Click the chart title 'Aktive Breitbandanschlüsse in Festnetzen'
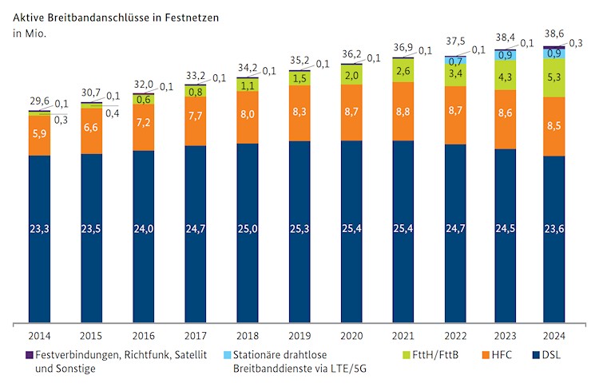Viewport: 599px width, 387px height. tap(117, 15)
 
